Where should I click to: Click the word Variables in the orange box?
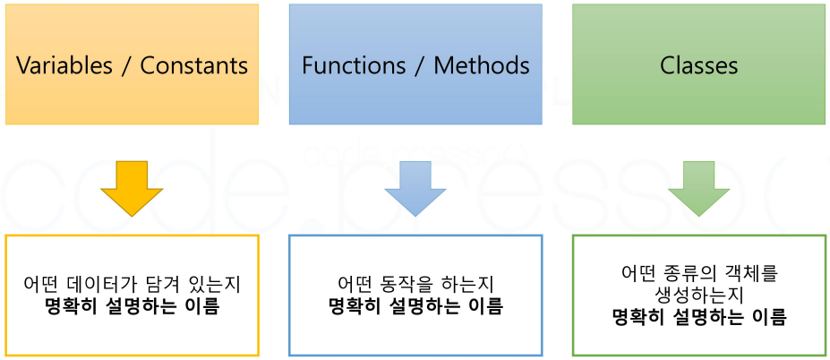[64, 65]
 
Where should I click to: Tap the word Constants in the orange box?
[193, 65]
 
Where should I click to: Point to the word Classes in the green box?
[698, 65]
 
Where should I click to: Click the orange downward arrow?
[132, 189]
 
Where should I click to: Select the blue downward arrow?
[415, 189]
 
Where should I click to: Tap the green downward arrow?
[698, 189]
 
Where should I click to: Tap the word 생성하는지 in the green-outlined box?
[698, 294]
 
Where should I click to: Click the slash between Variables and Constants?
[127, 65]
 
